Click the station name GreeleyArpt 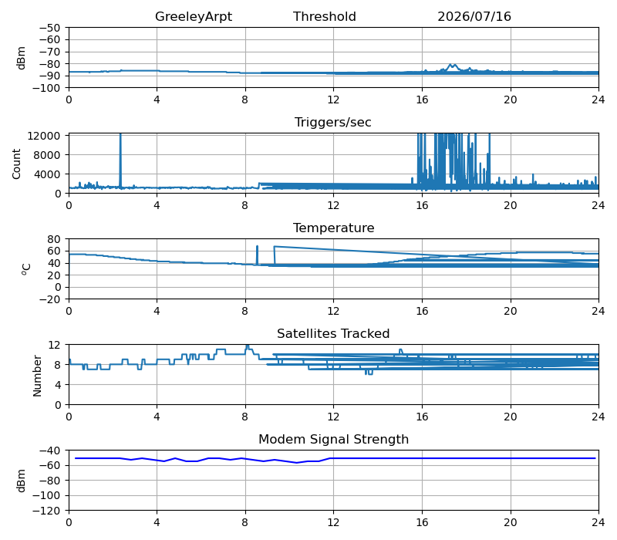[194, 16]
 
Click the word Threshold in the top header [324, 16]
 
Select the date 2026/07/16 [474, 16]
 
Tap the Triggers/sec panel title [333, 122]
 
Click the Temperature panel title [333, 228]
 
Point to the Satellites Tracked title [333, 333]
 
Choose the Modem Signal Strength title [333, 439]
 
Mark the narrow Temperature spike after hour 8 [257, 255]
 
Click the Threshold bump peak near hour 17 [452, 65]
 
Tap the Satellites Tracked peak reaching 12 [247, 346]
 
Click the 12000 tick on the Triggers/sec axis [44, 136]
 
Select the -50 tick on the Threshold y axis [49, 28]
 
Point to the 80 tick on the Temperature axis [53, 239]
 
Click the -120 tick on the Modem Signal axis [46, 511]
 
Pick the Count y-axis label [16, 164]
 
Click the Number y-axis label [37, 376]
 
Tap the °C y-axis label [25, 269]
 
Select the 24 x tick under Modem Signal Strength [598, 523]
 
